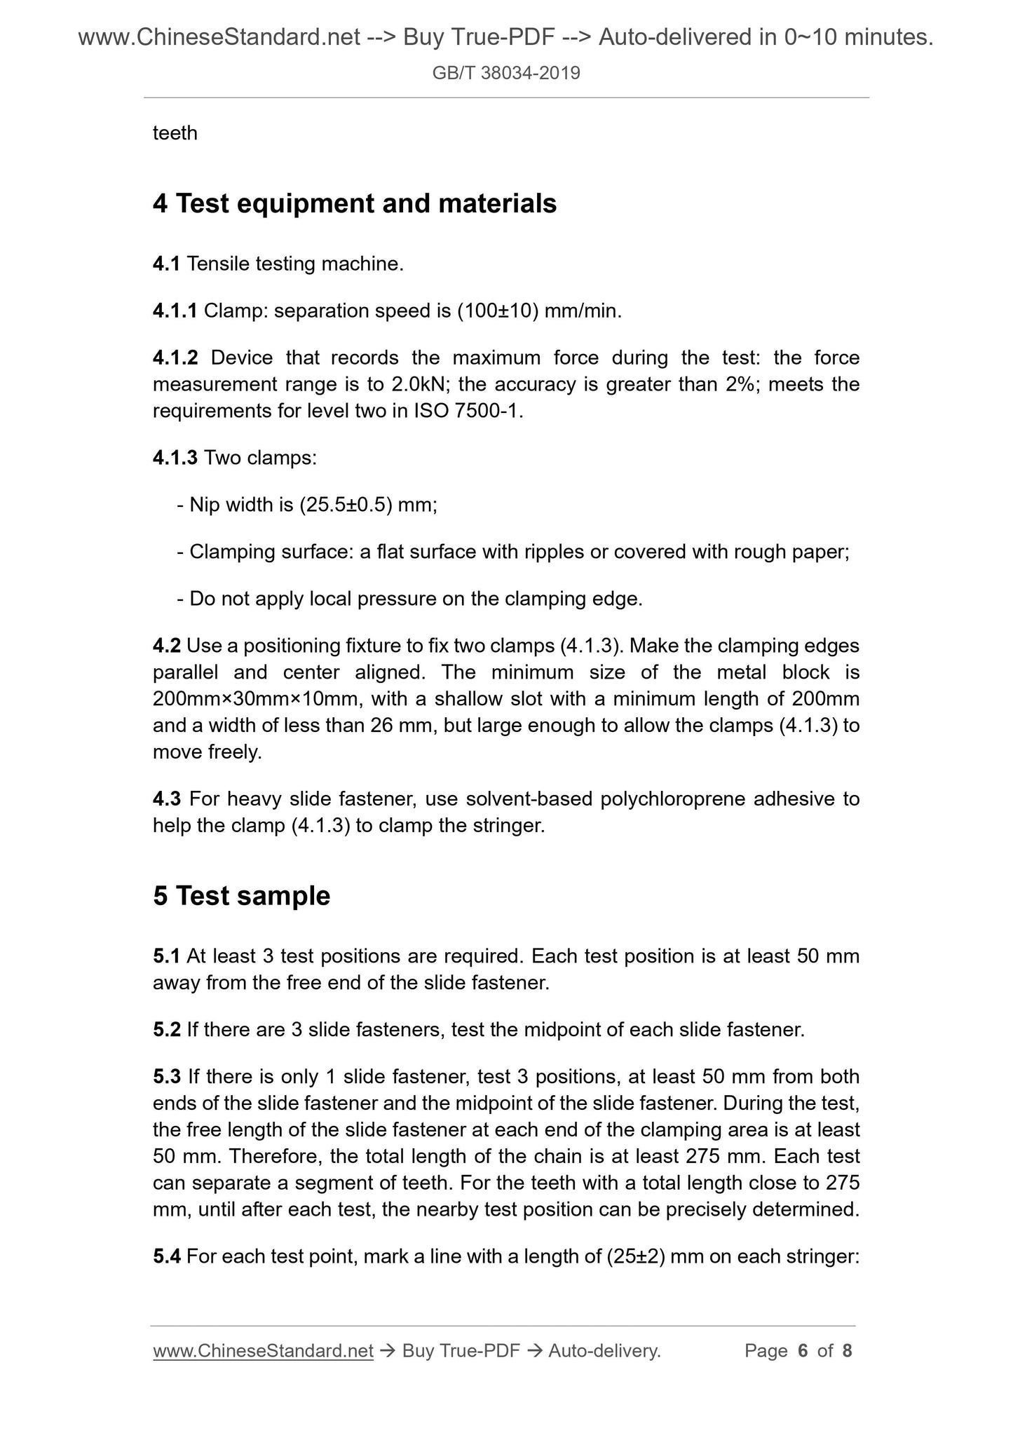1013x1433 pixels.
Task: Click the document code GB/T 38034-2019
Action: (506, 73)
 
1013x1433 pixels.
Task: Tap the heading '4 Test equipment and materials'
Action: (355, 204)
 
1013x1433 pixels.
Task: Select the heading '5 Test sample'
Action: (241, 896)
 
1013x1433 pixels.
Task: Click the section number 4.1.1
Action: (175, 311)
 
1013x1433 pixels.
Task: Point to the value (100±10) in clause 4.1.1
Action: (498, 311)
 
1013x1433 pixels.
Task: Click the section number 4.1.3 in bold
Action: (175, 458)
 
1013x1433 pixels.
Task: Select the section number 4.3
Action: (167, 799)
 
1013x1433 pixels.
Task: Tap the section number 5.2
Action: (167, 1030)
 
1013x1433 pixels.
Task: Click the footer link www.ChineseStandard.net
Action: (263, 1351)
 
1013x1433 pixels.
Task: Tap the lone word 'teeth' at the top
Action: (175, 133)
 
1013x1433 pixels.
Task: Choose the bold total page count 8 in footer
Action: (847, 1351)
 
